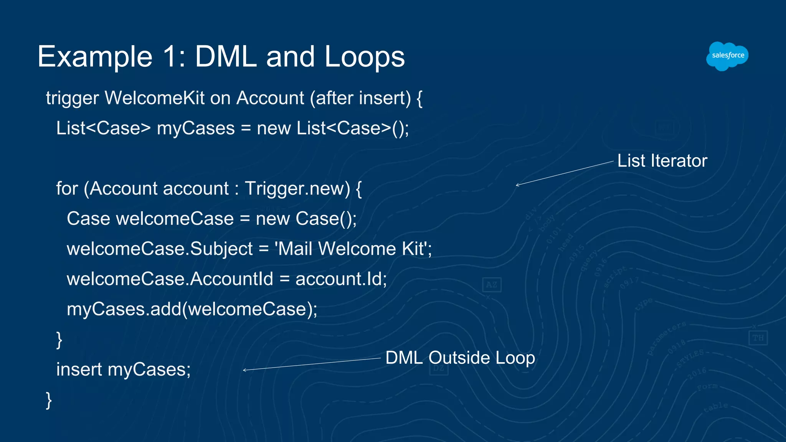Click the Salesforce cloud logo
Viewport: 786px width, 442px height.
[x=727, y=56]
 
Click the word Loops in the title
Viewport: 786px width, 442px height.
[x=365, y=57]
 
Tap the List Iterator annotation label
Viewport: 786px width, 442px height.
[x=662, y=161]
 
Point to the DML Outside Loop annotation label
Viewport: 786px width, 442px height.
[x=460, y=358]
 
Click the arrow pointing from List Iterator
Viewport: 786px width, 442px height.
[x=565, y=173]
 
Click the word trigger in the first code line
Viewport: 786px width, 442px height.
[x=73, y=99]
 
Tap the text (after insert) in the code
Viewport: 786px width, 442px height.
[x=360, y=99]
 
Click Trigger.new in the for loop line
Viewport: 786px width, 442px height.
[x=297, y=189]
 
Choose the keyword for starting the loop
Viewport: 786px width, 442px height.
[x=67, y=189]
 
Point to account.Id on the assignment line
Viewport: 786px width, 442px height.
[x=341, y=279]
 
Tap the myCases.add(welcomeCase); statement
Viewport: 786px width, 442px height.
[x=192, y=309]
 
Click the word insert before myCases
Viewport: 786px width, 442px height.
[x=79, y=369]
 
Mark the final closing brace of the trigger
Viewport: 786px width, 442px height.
[x=49, y=400]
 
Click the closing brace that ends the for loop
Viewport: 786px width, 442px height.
[x=59, y=340]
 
